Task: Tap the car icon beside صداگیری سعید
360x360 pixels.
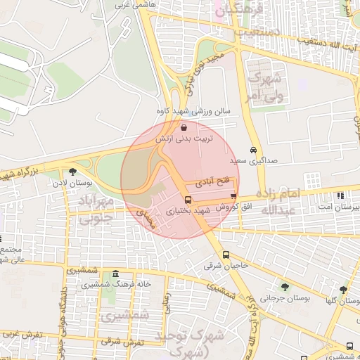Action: (252, 150)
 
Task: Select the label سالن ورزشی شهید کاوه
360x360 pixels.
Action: (199, 111)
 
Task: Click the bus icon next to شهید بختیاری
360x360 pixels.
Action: (188, 200)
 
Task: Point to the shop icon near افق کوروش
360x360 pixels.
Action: (233, 196)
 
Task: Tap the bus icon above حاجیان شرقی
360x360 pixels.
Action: (226, 255)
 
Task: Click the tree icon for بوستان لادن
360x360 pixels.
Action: (72, 172)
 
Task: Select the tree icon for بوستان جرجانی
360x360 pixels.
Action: (285, 286)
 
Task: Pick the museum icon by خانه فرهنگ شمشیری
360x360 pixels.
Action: (115, 274)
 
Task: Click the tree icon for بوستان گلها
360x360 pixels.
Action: (343, 289)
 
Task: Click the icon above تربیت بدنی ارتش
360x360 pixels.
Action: (184, 128)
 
